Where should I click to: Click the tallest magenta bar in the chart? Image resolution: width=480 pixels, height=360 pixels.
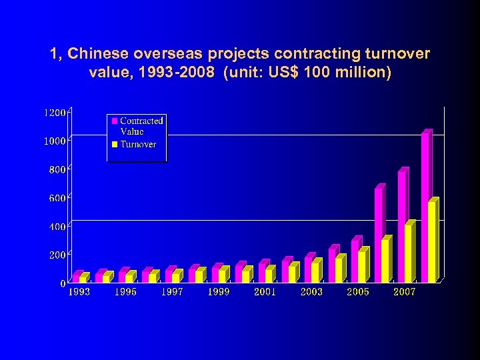coord(425,207)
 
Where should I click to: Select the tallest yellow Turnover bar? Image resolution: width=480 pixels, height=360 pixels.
coord(432,241)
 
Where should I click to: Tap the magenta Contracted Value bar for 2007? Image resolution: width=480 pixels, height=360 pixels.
coord(402,227)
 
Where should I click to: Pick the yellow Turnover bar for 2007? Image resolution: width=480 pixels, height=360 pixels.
coord(409,253)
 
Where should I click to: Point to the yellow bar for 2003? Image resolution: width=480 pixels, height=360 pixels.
coord(315,271)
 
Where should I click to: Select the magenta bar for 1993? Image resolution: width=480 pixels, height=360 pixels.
coord(77,277)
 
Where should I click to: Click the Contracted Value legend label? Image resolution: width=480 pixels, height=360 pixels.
coord(141,126)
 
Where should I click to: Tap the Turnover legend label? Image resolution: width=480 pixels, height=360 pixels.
coord(138,145)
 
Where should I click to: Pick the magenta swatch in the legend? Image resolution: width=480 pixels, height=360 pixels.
coord(115,121)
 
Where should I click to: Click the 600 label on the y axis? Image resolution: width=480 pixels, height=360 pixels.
coord(57,198)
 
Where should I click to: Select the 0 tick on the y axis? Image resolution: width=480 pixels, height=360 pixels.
coord(63,283)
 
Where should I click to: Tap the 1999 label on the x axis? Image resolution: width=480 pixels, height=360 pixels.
coord(218,292)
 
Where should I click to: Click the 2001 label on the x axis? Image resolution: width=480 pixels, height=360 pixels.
coord(265,292)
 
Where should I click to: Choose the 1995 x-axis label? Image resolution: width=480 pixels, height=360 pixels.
coord(125,292)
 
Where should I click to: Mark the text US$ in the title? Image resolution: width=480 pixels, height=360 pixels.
coord(282,72)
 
